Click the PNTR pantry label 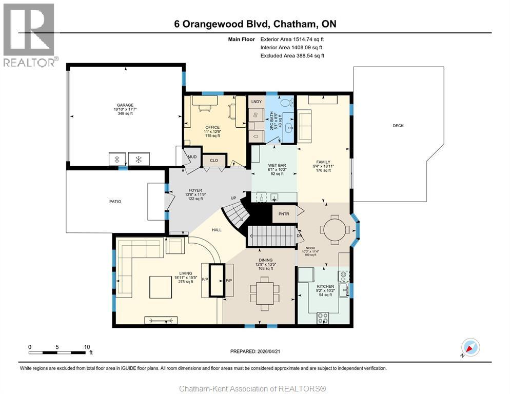(284, 213)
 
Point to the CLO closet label (214, 161)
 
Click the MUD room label (191, 157)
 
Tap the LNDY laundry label (257, 102)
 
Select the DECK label (398, 126)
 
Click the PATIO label (115, 202)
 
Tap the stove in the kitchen (323, 318)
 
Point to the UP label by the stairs (233, 198)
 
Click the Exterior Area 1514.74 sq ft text (292, 39)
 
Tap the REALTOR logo (29, 35)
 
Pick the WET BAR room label (277, 166)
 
